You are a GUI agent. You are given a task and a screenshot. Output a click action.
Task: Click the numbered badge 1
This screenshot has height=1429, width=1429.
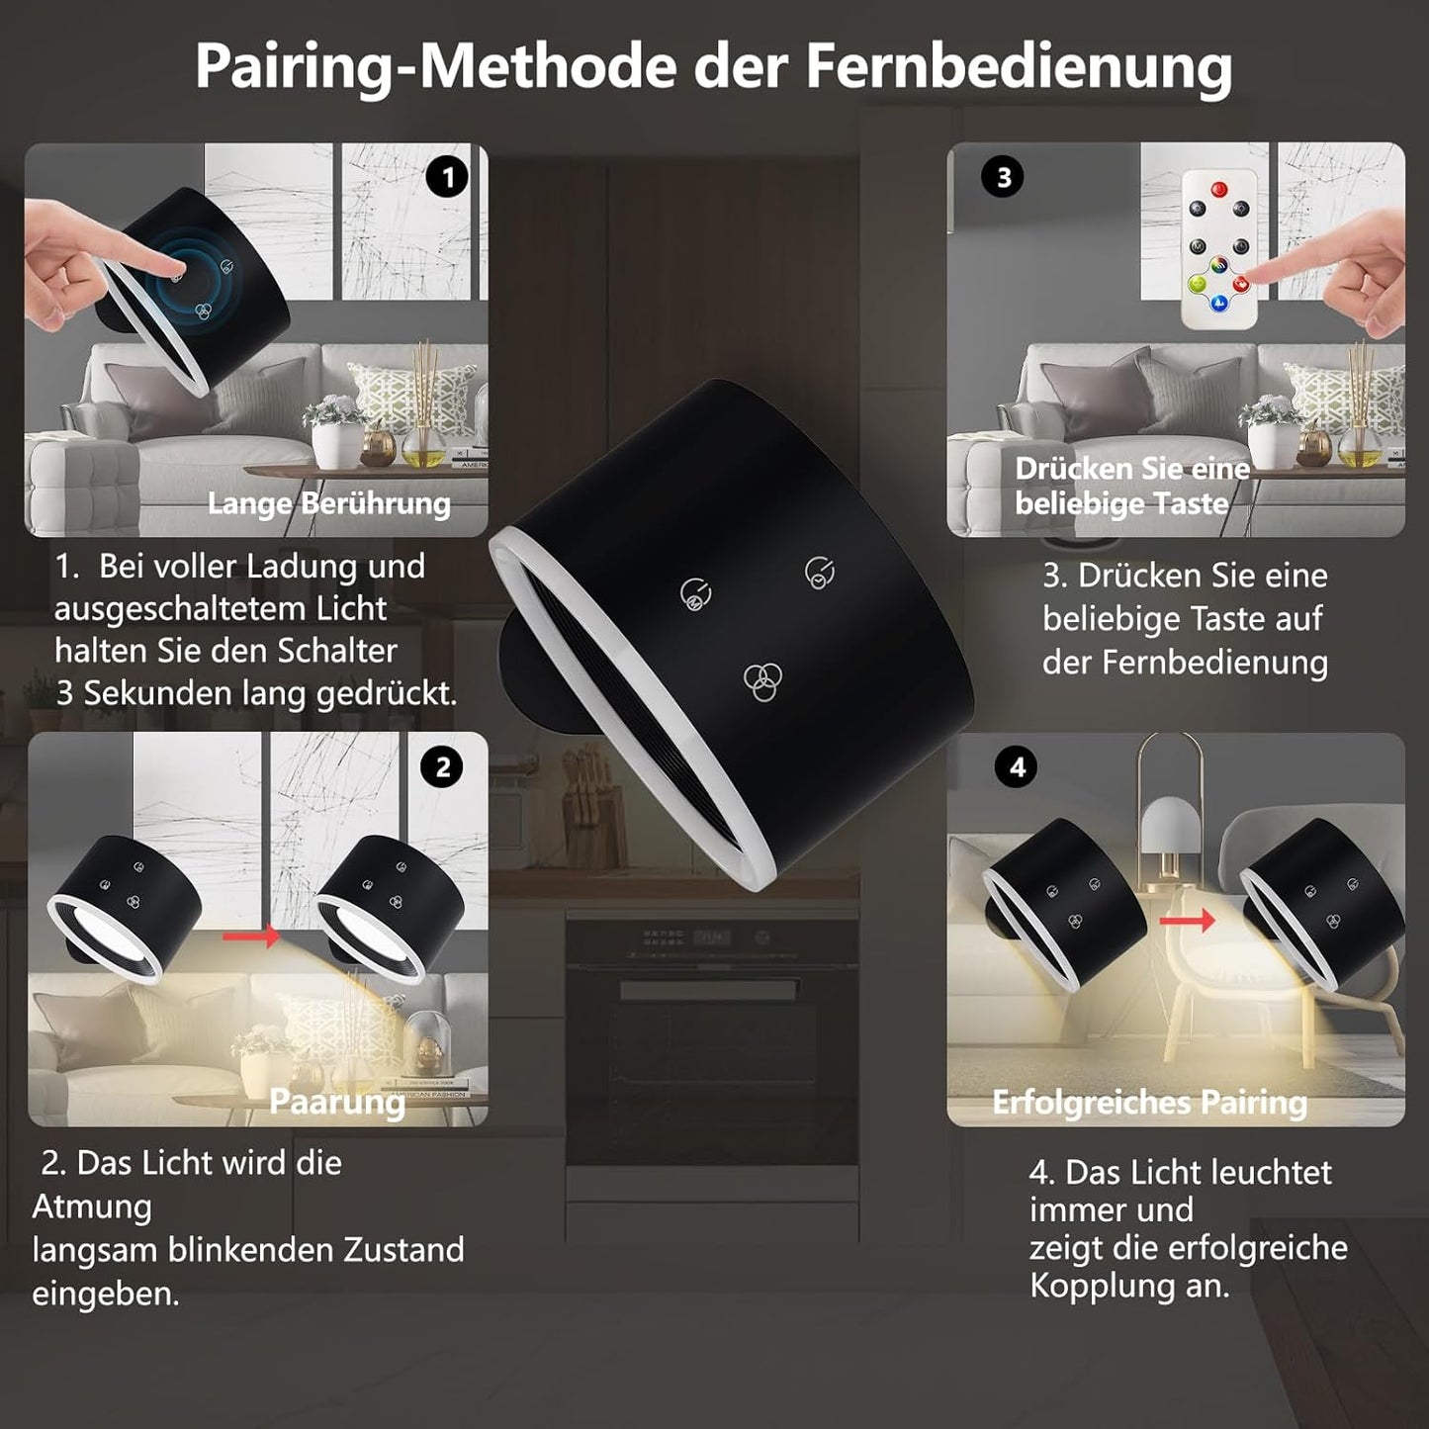click(447, 177)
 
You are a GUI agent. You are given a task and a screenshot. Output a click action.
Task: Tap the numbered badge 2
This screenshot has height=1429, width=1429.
click(443, 767)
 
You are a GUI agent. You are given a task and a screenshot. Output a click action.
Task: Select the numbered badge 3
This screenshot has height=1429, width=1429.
click(1004, 177)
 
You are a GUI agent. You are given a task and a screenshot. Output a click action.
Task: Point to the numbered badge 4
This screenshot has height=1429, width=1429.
click(1018, 766)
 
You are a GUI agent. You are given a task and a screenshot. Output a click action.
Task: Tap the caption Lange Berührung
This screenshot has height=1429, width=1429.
click(328, 503)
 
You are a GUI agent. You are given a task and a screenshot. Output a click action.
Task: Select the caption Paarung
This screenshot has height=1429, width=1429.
click(337, 1102)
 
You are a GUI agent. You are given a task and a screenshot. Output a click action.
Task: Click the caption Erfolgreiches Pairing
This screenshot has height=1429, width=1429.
click(1149, 1103)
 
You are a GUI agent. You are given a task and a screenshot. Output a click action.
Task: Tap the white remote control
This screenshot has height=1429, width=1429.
click(1218, 250)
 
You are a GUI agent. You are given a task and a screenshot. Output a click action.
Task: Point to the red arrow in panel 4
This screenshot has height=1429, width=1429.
click(1188, 921)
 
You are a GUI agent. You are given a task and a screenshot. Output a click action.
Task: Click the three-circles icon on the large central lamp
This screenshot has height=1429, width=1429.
click(762, 681)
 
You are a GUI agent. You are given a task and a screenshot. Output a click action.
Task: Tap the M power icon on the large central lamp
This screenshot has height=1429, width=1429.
click(695, 595)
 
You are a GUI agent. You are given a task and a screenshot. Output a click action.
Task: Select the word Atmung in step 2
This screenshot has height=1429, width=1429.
click(92, 1207)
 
